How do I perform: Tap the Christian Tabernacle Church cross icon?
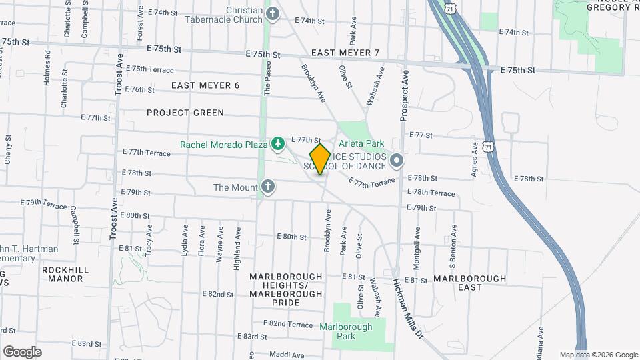pos(272,14)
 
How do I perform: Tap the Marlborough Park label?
pos(345,331)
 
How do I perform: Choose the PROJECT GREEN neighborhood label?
pos(185,113)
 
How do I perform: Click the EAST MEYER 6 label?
pos(205,85)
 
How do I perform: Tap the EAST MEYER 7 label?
pos(345,53)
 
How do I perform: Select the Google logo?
pos(21,351)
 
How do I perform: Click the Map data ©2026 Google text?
pos(598,355)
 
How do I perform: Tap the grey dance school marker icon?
pos(397,160)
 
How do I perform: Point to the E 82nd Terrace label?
pos(288,324)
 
